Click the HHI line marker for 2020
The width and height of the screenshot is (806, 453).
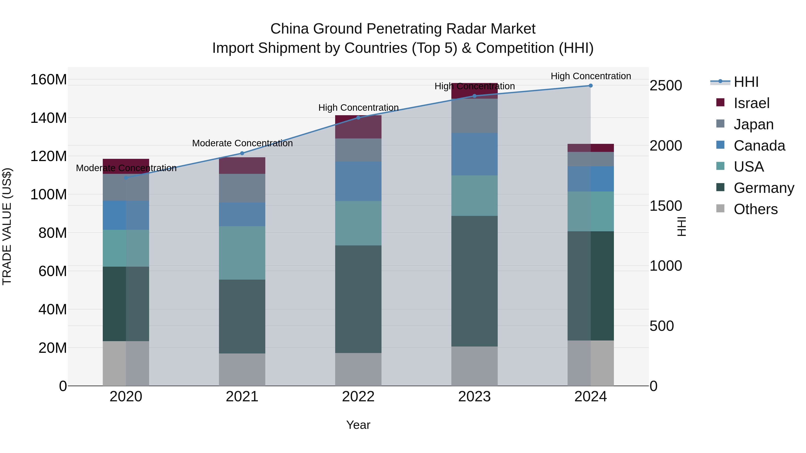point(126,178)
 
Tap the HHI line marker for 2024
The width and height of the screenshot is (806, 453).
point(590,85)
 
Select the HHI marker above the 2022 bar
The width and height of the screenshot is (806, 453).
point(358,117)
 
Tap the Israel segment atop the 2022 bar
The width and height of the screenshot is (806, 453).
point(358,127)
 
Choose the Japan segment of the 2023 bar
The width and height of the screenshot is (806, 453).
point(474,116)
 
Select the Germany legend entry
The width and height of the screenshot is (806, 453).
point(763,188)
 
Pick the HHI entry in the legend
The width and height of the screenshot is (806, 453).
point(746,82)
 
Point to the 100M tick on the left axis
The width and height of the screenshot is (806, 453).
point(49,194)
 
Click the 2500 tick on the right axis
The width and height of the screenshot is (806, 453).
point(666,85)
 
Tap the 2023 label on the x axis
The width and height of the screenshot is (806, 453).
point(474,397)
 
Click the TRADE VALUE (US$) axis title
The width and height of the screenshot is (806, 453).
point(7,226)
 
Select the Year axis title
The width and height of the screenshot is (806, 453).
point(358,425)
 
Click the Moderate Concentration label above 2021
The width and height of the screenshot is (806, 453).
point(242,143)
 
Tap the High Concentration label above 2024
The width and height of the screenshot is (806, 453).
point(590,76)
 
